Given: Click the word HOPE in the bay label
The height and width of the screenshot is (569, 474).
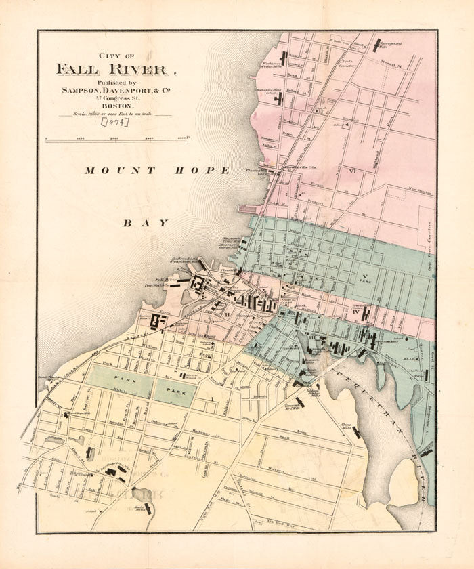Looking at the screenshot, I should pyautogui.click(x=204, y=171).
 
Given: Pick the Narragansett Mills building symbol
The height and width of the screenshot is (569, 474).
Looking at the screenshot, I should pyautogui.click(x=376, y=45).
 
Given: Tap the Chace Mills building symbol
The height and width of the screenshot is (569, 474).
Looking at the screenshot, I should pyautogui.click(x=356, y=431).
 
